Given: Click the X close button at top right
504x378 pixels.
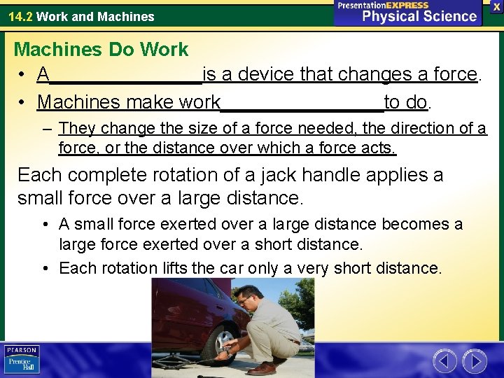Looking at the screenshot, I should pyautogui.click(x=496, y=6).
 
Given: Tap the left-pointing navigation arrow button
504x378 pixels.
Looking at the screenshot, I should pyautogui.click(x=445, y=361).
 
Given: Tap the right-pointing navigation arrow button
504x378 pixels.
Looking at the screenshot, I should pyautogui.click(x=475, y=361).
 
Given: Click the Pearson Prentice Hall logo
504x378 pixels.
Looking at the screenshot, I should pyautogui.click(x=22, y=359).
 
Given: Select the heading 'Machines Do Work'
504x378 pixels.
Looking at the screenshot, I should pyautogui.click(x=101, y=50).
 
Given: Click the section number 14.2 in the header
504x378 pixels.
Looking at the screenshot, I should pyautogui.click(x=20, y=16).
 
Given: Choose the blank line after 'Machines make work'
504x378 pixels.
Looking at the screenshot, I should pyautogui.click(x=302, y=103).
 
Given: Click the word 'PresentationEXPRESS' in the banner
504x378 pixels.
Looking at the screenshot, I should pyautogui.click(x=383, y=5).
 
